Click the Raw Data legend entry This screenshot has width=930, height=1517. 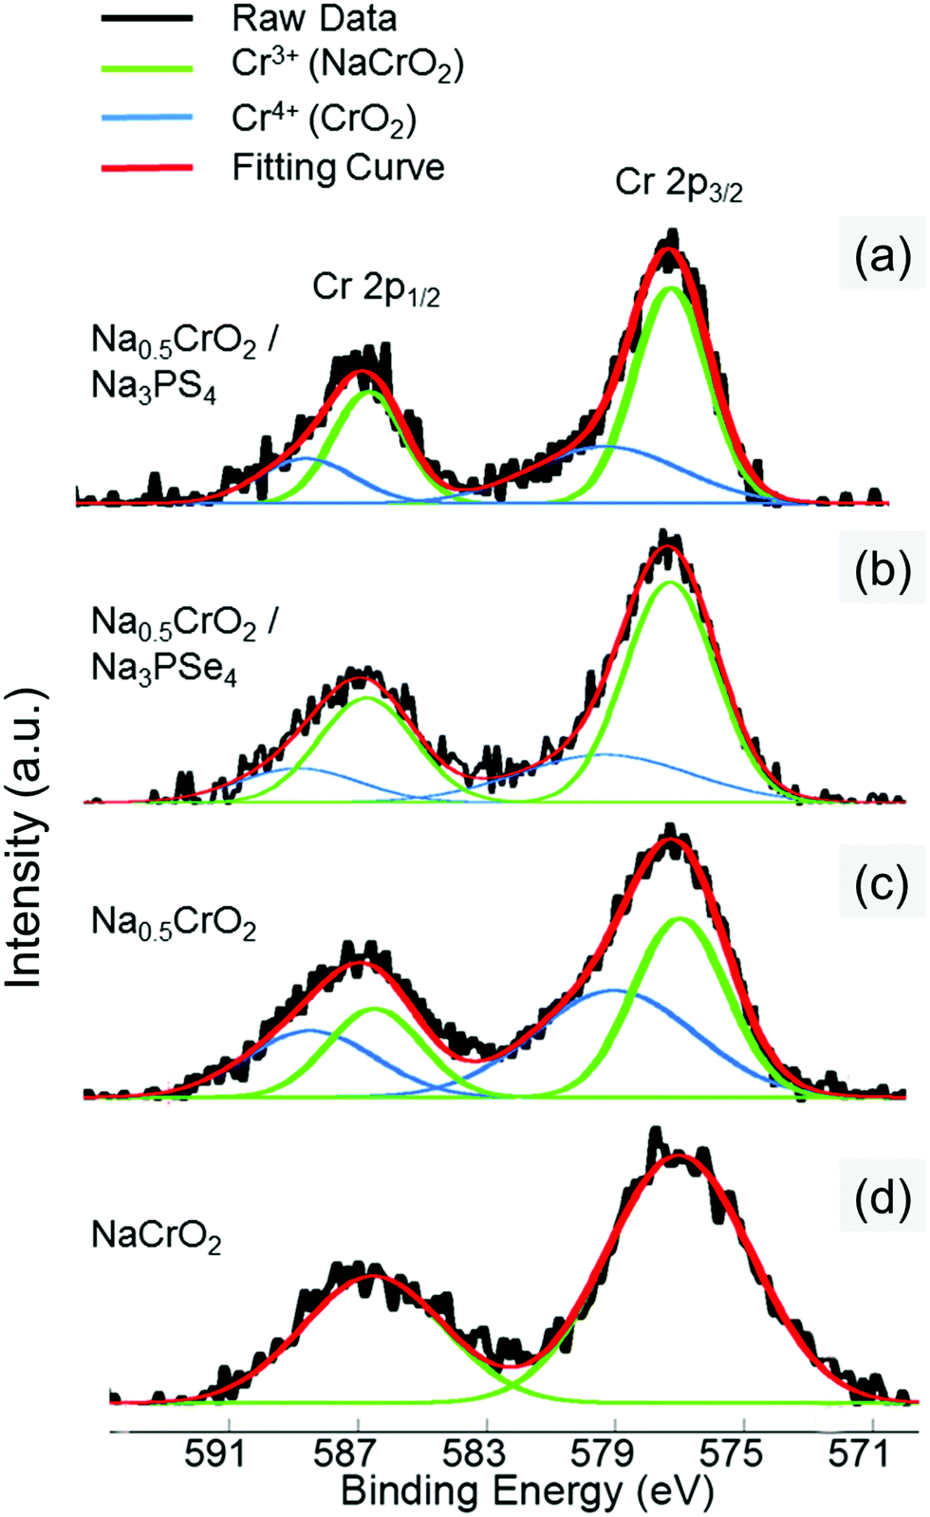[313, 18]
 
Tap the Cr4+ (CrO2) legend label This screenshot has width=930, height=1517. [324, 119]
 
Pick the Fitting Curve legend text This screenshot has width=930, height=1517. [338, 168]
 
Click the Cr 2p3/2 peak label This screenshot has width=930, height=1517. [678, 183]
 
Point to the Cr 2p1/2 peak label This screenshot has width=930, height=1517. [376, 287]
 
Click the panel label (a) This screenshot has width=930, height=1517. [882, 255]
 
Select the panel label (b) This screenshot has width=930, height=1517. [882, 570]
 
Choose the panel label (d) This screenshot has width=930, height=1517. [882, 1198]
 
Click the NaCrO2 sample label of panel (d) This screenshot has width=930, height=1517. [156, 1236]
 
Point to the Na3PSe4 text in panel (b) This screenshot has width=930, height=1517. [163, 670]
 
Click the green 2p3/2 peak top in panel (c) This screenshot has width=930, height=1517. [679, 918]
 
